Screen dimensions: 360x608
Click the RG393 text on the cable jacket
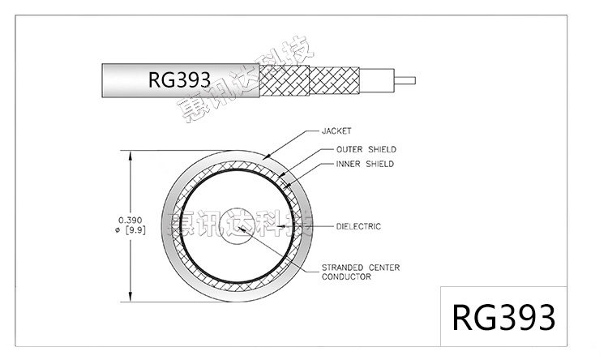[x=179, y=79]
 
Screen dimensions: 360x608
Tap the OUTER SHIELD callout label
[x=365, y=149]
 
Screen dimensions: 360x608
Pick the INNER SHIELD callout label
[x=364, y=164]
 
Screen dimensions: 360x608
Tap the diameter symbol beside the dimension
[x=120, y=229]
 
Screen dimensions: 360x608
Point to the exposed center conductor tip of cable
[x=405, y=79]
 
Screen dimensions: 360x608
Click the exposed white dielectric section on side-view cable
[x=375, y=79]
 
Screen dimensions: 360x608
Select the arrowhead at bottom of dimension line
[x=129, y=296]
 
